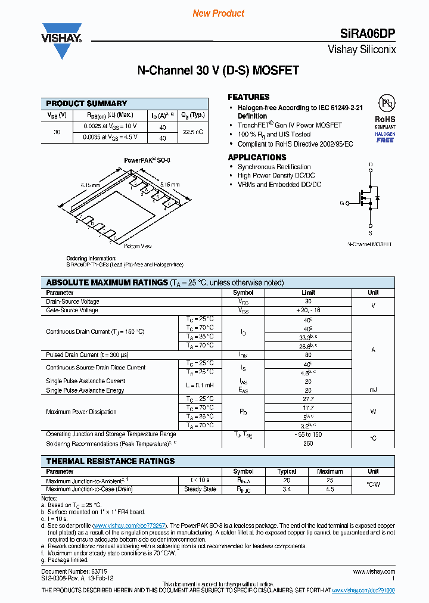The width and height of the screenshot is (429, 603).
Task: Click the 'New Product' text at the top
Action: [218, 13]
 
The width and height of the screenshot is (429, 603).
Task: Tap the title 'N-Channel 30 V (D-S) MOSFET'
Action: [218, 71]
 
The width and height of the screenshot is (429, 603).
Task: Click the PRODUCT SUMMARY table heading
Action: [86, 104]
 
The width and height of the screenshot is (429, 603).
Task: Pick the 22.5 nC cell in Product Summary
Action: [193, 132]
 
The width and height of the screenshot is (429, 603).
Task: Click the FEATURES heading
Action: [248, 97]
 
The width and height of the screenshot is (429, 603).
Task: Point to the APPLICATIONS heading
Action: [258, 157]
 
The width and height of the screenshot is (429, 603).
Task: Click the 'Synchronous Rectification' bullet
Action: [274, 167]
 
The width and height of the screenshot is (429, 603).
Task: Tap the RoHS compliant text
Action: [385, 119]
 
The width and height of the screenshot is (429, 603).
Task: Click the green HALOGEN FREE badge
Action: [385, 138]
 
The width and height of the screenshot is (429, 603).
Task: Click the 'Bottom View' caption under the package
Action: [138, 245]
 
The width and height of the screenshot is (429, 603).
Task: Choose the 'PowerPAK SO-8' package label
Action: [147, 160]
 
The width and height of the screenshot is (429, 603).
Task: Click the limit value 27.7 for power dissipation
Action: [308, 399]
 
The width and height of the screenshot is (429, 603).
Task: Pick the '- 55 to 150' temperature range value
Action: [308, 434]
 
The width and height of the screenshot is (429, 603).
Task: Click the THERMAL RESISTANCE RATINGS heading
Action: [111, 461]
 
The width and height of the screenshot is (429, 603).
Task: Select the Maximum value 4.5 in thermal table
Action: [329, 489]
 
